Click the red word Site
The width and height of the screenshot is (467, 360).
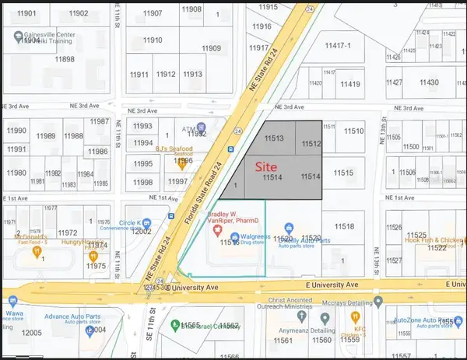pos(269,166)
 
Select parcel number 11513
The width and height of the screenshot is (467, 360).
pos(273,138)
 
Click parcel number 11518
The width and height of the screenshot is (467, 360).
pos(344,226)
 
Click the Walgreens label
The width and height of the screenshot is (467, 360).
pos(255,235)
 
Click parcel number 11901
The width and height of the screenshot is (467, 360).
pos(27,14)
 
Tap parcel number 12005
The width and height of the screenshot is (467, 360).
pos(31,332)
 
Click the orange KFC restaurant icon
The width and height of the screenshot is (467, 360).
pos(354,317)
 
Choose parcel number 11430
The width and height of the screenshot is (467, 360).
pos(427,82)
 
